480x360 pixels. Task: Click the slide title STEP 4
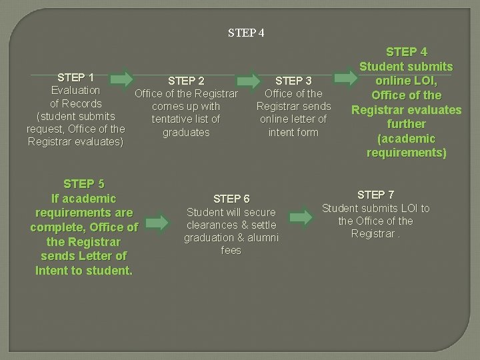pyautogui.click(x=246, y=32)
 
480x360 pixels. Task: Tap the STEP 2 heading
pyautogui.click(x=186, y=81)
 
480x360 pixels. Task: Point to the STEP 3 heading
pyautogui.click(x=293, y=81)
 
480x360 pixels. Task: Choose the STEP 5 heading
pyautogui.click(x=84, y=184)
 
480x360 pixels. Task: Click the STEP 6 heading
pyautogui.click(x=231, y=199)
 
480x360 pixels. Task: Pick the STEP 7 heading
pyautogui.click(x=375, y=195)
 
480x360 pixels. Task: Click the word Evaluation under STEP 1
pyautogui.click(x=75, y=90)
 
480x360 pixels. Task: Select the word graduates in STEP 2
pyautogui.click(x=186, y=133)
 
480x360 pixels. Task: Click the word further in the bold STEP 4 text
pyautogui.click(x=406, y=124)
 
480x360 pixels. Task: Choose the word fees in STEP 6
pyautogui.click(x=231, y=251)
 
